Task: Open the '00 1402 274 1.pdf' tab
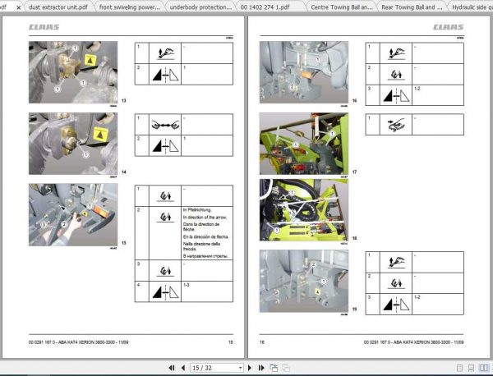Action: coord(265,7)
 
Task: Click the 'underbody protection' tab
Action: coord(198,7)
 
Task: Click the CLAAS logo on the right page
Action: coord(449,27)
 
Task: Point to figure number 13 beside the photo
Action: coord(123,101)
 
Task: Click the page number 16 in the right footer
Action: coord(262,341)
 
